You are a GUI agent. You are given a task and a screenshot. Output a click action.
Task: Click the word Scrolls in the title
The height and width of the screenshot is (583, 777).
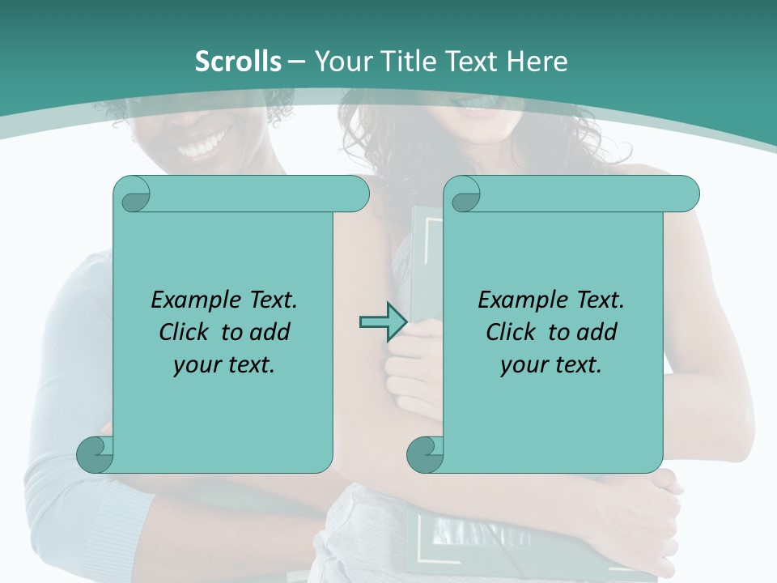tap(238, 62)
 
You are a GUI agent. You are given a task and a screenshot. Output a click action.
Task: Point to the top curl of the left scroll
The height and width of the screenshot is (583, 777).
tap(132, 194)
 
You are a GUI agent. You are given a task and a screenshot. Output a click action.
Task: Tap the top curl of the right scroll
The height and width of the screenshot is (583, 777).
tap(464, 195)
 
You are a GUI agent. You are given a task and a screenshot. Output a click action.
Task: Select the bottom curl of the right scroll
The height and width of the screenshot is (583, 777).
tap(425, 455)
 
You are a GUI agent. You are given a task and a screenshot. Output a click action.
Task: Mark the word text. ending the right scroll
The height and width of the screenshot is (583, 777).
tap(576, 364)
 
